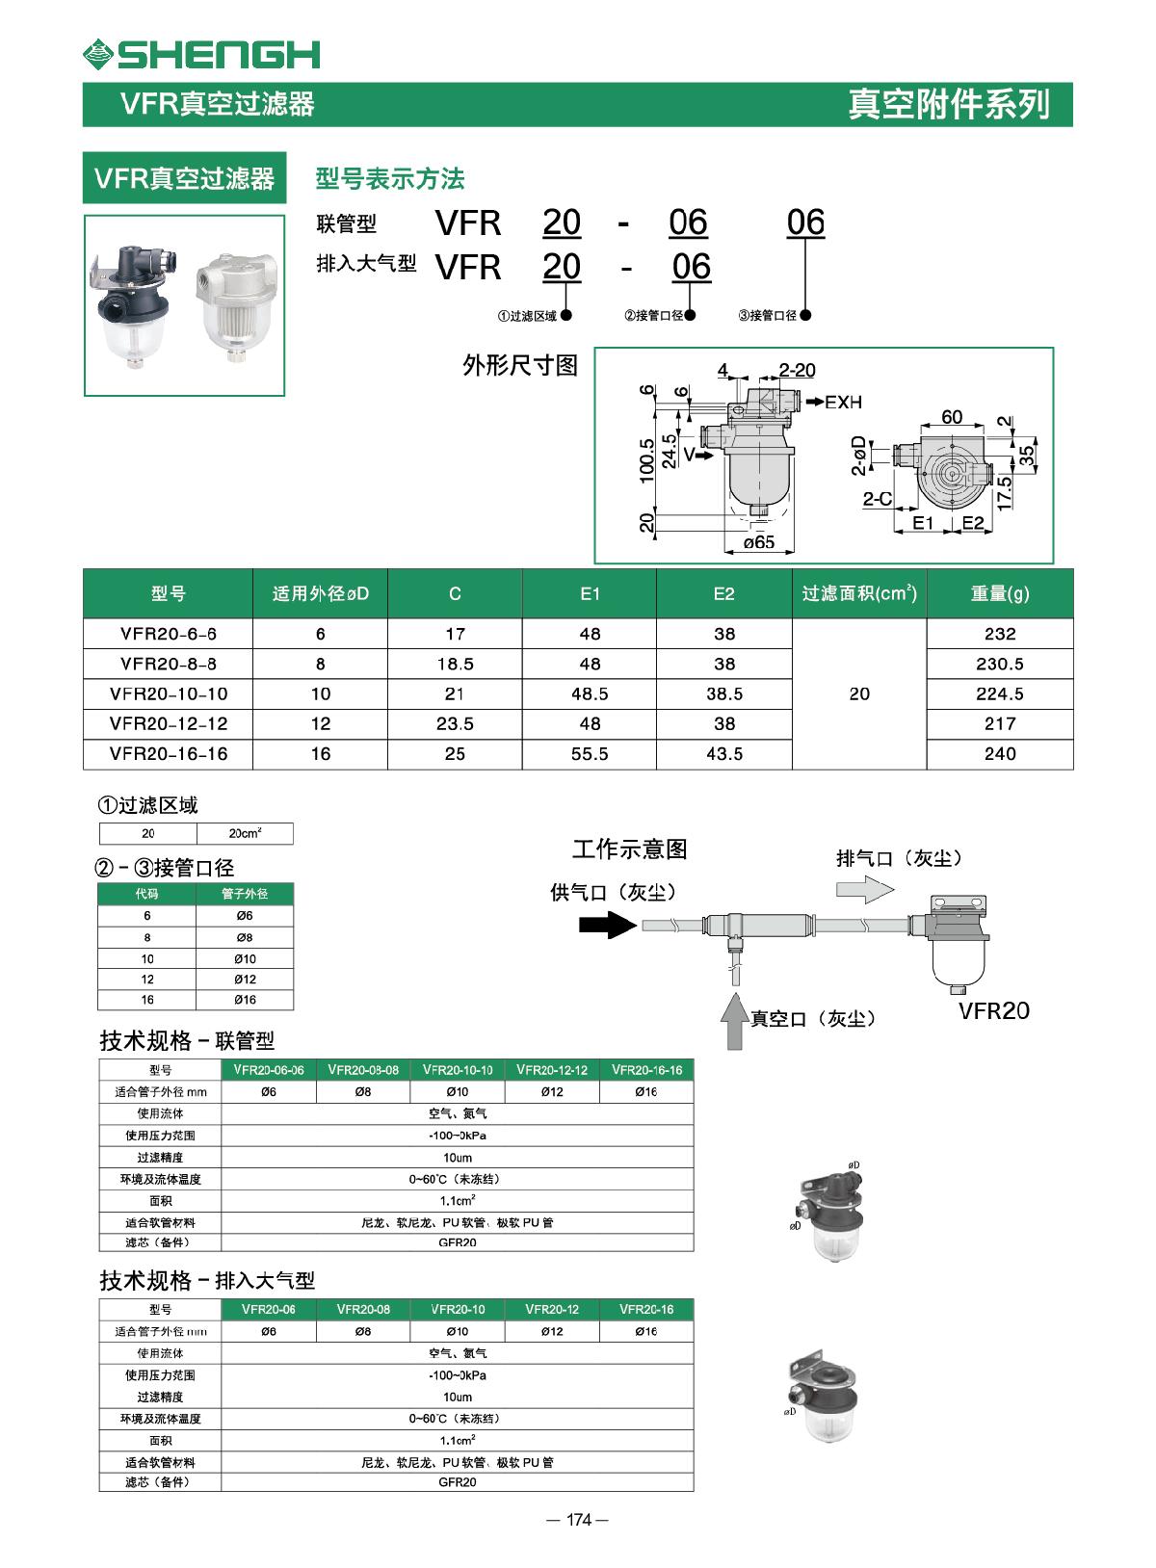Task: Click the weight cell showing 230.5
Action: [999, 664]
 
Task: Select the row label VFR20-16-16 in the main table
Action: [169, 753]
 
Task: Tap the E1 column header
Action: [590, 593]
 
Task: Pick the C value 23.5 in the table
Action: [455, 723]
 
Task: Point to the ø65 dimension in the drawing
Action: [759, 542]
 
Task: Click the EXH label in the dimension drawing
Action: [842, 402]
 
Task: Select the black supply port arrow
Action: [607, 925]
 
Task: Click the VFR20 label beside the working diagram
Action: [993, 1010]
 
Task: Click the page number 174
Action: [577, 1520]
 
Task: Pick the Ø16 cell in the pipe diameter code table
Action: [245, 1000]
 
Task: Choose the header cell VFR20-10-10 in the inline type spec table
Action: [458, 1070]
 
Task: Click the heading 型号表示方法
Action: [390, 179]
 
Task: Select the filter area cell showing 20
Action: [859, 693]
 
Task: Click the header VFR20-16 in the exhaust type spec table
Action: [645, 1310]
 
